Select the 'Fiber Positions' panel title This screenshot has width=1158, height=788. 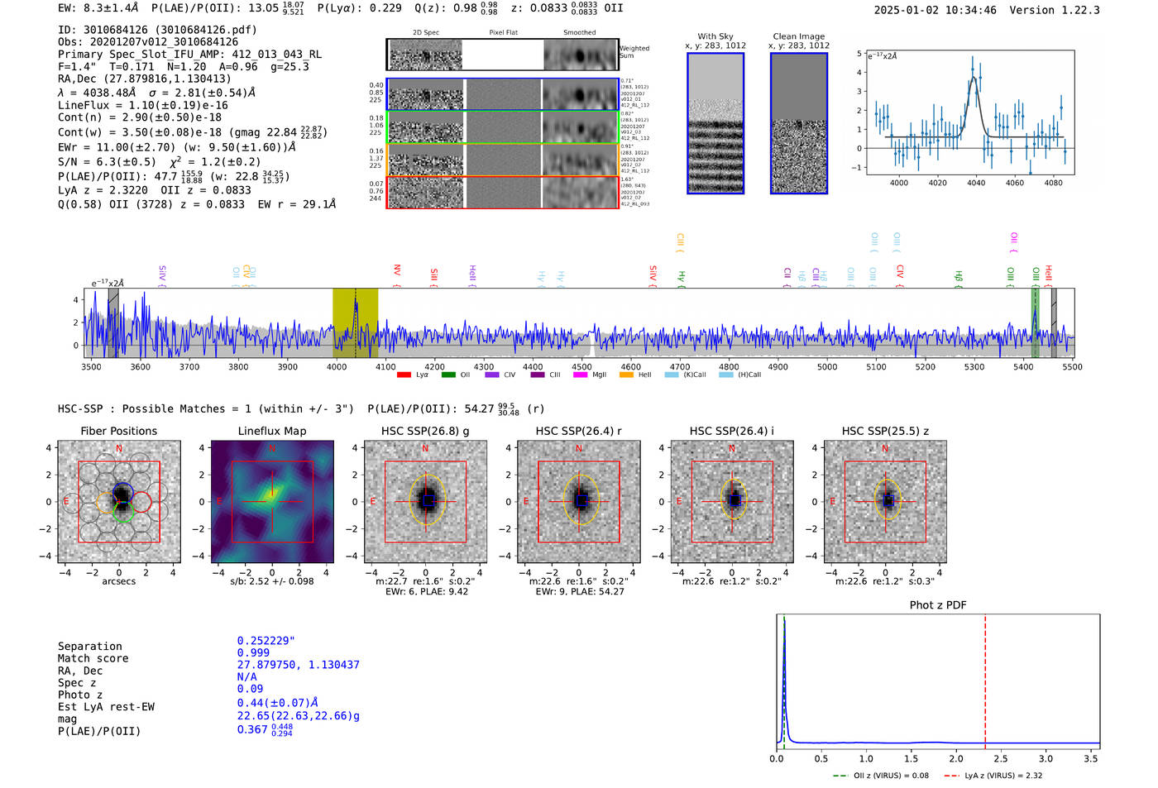(x=118, y=431)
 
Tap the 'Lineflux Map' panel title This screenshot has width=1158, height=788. (x=271, y=431)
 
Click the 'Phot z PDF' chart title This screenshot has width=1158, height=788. (x=938, y=604)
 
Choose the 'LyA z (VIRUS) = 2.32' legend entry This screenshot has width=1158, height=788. (x=1003, y=776)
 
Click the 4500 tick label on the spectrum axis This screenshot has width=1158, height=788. (x=581, y=366)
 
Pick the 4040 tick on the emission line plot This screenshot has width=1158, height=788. (x=976, y=183)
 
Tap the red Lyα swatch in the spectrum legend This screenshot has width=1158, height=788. (x=404, y=375)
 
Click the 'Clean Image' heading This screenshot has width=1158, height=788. (x=798, y=36)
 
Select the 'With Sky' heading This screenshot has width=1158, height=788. (x=715, y=36)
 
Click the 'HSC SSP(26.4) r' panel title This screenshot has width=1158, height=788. (x=578, y=431)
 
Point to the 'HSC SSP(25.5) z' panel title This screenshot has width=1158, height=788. (x=885, y=431)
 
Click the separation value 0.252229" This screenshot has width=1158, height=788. (x=266, y=641)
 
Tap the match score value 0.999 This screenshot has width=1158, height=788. (x=253, y=652)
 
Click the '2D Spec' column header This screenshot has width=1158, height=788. (x=425, y=32)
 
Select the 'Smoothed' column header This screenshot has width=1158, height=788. (x=579, y=32)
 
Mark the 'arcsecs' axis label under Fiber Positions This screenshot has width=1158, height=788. (x=118, y=581)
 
